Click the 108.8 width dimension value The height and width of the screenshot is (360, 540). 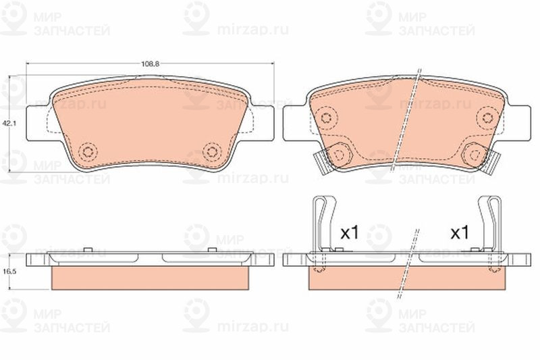tap(150, 63)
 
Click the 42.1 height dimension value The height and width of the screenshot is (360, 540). tap(8, 123)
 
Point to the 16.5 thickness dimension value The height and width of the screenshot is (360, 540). tap(8, 272)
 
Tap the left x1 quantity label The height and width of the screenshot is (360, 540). tap(350, 233)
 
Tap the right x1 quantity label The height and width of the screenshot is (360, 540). tap(460, 233)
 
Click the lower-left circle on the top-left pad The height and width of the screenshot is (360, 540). tap(88, 151)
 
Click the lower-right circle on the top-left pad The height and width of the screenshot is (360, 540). tap(212, 151)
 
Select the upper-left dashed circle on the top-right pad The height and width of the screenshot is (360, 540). tap(326, 118)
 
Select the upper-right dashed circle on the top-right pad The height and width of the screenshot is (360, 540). tap(487, 118)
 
